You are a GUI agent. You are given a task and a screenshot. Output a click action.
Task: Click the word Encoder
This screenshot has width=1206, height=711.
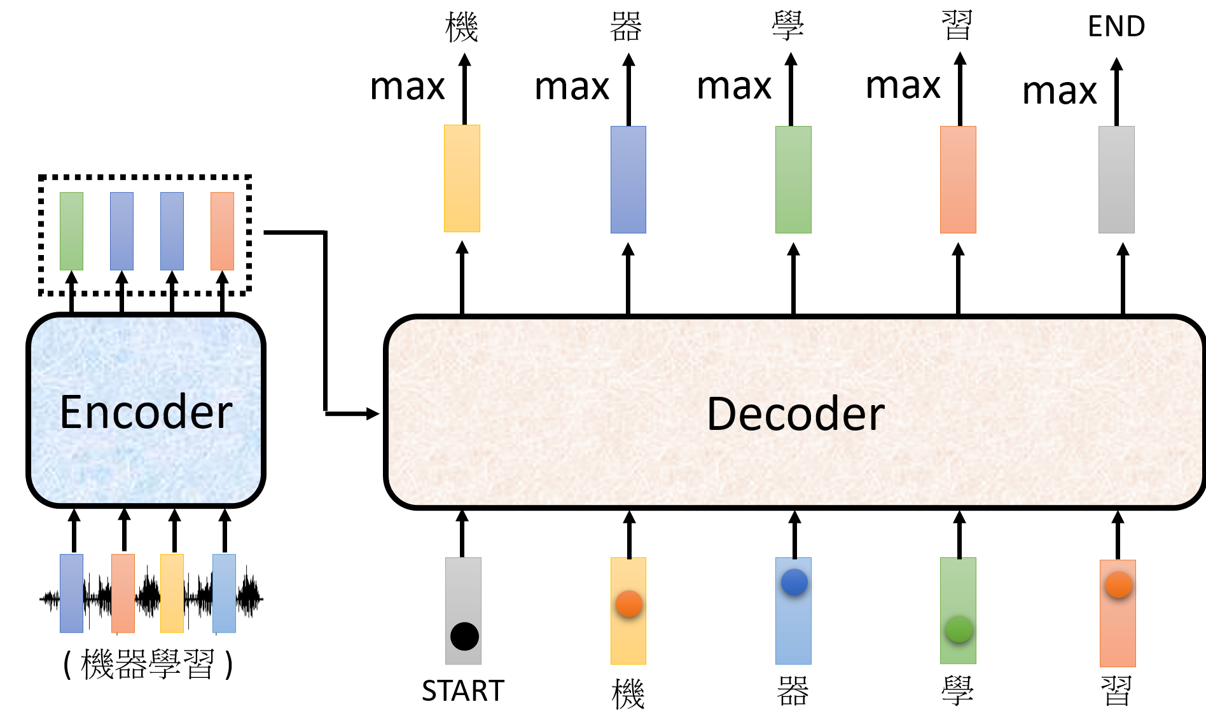tap(146, 412)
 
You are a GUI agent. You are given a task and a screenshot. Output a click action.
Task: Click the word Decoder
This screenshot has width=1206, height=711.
tap(795, 414)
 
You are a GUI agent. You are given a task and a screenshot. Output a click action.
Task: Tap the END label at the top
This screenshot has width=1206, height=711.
tap(1116, 27)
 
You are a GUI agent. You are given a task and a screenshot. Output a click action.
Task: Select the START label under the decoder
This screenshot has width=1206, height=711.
tap(463, 691)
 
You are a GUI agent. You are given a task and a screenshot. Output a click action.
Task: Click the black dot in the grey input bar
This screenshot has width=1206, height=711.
tap(464, 636)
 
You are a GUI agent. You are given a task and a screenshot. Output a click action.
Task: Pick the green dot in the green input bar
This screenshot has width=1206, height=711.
tap(959, 629)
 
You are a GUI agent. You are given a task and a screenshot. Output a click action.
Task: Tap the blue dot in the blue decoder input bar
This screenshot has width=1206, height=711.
tap(794, 582)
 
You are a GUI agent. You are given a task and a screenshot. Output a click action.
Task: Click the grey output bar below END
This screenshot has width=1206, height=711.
tap(1116, 179)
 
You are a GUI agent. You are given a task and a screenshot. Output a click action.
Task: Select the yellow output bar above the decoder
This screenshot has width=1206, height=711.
tap(462, 178)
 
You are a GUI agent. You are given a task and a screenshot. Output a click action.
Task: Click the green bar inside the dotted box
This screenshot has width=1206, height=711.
tap(71, 231)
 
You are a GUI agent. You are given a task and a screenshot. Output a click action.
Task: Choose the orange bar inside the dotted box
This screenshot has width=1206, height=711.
tap(222, 231)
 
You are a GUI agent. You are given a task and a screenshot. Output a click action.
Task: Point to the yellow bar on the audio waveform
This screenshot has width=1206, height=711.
tap(172, 593)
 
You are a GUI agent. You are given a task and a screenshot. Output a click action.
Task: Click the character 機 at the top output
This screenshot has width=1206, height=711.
tap(462, 27)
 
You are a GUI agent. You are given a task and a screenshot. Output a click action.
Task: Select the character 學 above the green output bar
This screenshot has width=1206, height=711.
tap(788, 27)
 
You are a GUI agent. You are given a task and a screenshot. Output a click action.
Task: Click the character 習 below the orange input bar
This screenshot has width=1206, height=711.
tap(1116, 691)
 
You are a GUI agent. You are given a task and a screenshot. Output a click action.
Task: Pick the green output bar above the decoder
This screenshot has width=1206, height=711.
tap(793, 179)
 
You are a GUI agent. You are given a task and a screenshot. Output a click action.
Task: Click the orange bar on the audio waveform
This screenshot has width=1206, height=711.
tap(123, 593)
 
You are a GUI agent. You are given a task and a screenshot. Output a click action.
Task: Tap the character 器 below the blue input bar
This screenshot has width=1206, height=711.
tap(793, 691)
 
